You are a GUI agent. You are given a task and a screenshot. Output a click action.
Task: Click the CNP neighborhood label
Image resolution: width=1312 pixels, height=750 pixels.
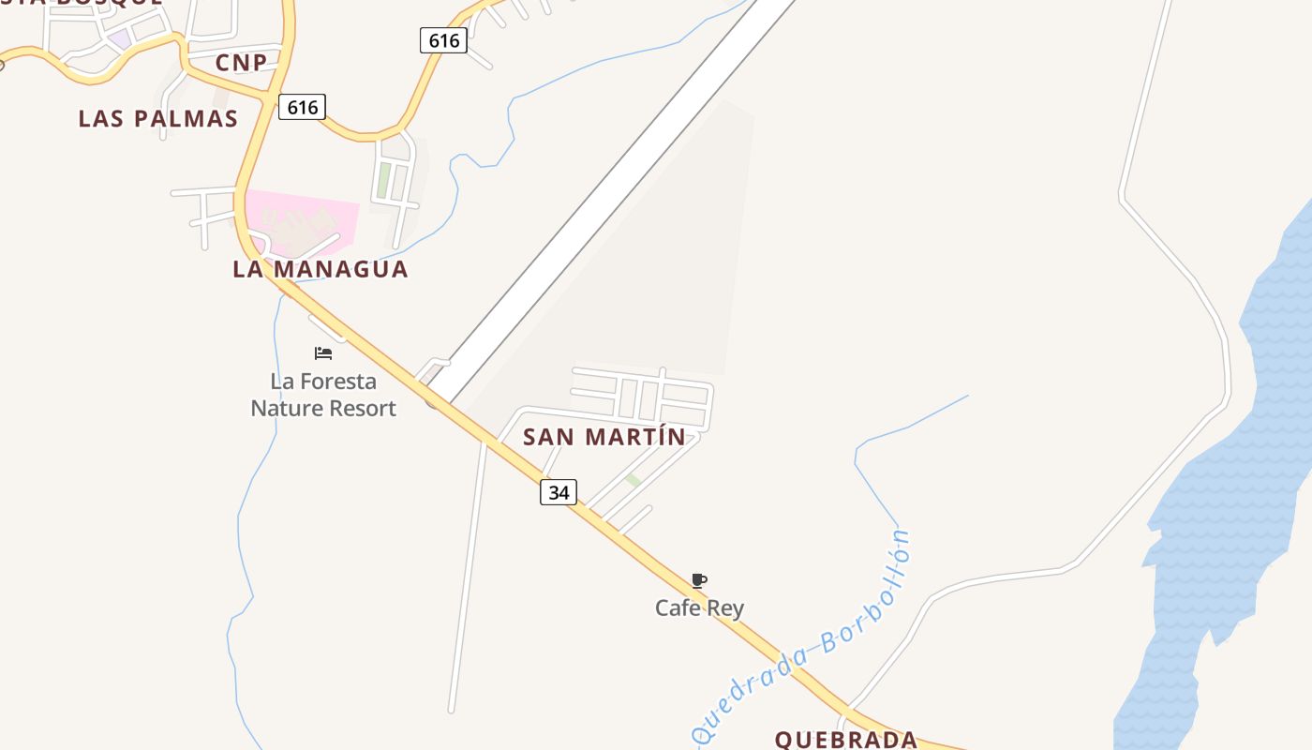point(241,63)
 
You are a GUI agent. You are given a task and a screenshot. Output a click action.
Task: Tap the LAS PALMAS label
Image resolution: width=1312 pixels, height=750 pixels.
point(157,119)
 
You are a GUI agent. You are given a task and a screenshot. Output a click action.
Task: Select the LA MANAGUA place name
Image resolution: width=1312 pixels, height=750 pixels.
point(320,269)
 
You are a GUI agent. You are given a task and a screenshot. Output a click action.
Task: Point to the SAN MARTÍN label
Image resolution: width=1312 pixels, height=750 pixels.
point(604,437)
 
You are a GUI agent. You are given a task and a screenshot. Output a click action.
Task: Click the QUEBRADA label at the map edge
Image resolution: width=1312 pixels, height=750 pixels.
point(845,739)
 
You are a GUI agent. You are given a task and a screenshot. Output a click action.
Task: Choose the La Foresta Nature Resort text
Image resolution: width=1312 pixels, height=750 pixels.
point(323,395)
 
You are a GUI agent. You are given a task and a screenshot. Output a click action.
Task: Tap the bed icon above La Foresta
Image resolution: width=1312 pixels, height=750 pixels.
point(323,353)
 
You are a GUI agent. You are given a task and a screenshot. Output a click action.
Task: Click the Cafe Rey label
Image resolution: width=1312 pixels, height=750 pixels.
point(699,607)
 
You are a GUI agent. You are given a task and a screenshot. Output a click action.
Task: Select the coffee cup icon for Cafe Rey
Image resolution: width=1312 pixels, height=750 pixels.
point(698,580)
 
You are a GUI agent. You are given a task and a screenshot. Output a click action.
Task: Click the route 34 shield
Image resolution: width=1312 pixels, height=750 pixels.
point(559,491)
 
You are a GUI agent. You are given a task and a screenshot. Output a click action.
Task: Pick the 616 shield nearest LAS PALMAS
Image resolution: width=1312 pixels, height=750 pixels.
point(302,107)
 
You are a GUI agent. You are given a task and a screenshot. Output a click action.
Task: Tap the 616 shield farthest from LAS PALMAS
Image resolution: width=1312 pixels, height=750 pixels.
point(443,40)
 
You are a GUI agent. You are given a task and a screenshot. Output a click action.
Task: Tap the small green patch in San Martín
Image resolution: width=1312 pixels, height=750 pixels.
point(634,480)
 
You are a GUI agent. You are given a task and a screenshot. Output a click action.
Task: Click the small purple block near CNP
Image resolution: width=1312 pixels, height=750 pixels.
point(119,39)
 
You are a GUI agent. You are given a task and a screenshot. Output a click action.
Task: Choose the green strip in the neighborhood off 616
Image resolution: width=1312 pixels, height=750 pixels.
point(383,180)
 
